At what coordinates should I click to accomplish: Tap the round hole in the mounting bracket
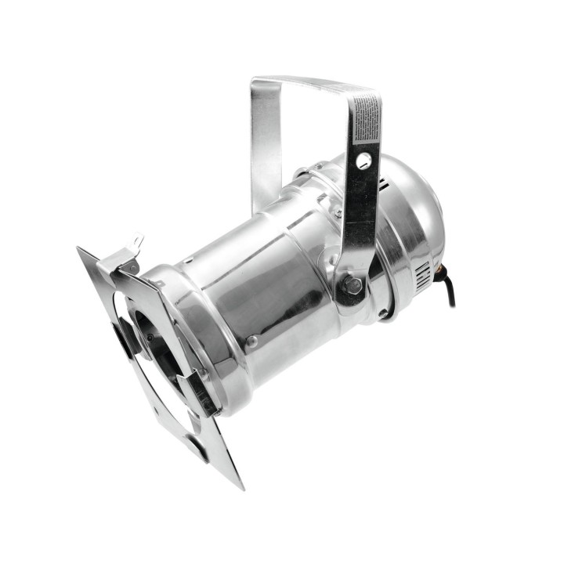click(x=363, y=161)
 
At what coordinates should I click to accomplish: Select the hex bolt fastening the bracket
click(x=352, y=286)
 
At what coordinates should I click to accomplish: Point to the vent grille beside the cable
click(x=422, y=276)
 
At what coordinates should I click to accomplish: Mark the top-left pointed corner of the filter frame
click(x=80, y=250)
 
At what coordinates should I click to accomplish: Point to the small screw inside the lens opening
click(x=150, y=338)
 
